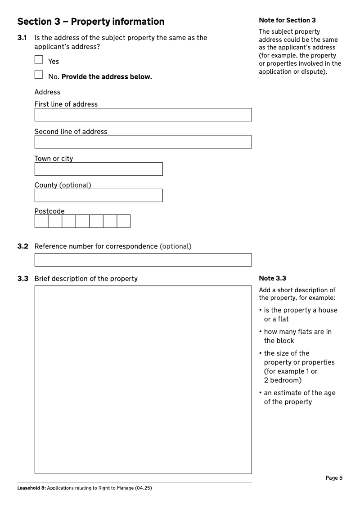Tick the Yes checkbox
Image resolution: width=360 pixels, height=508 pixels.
pyautogui.click(x=39, y=59)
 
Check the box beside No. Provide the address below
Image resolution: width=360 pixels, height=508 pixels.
pyautogui.click(x=39, y=75)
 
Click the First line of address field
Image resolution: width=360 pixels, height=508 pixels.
pyautogui.click(x=143, y=115)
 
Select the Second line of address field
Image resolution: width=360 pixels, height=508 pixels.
pyautogui.click(x=143, y=142)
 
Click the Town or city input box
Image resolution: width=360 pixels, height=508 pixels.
pyautogui.click(x=98, y=169)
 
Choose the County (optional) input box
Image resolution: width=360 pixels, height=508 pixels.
pyautogui.click(x=98, y=196)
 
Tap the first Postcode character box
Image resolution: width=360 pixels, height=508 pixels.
pyautogui.click(x=41, y=221)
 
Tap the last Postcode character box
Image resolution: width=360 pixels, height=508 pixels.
pyautogui.click(x=124, y=221)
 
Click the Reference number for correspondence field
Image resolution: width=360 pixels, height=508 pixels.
pyautogui.click(x=143, y=260)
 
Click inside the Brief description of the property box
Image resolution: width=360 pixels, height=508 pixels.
pyautogui.click(x=143, y=379)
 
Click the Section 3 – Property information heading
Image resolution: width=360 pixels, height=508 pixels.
pyautogui.click(x=91, y=22)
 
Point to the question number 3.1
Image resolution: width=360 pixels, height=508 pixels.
pyautogui.click(x=22, y=38)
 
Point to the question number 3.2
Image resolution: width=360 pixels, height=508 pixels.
pyautogui.click(x=22, y=246)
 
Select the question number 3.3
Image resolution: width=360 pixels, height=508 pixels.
pyautogui.click(x=22, y=279)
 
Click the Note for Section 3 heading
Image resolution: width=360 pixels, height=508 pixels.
pyautogui.click(x=287, y=20)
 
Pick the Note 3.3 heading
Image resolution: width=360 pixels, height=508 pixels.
pyautogui.click(x=272, y=278)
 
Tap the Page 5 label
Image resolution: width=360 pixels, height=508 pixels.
pyautogui.click(x=334, y=478)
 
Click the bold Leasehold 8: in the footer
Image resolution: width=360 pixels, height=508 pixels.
pyautogui.click(x=31, y=488)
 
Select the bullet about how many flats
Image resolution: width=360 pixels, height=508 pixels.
pyautogui.click(x=297, y=336)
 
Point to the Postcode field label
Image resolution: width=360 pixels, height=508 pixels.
pyautogui.click(x=49, y=211)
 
